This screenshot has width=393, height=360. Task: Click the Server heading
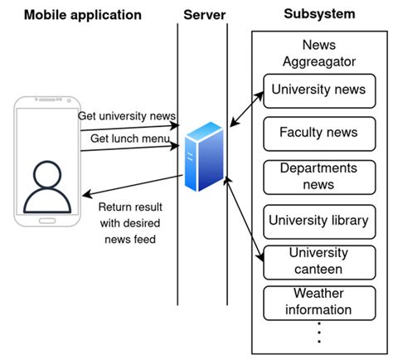pyautogui.click(x=203, y=14)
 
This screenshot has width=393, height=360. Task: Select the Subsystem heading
pyautogui.click(x=318, y=14)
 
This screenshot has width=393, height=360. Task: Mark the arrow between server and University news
pyautogui.click(x=246, y=108)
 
